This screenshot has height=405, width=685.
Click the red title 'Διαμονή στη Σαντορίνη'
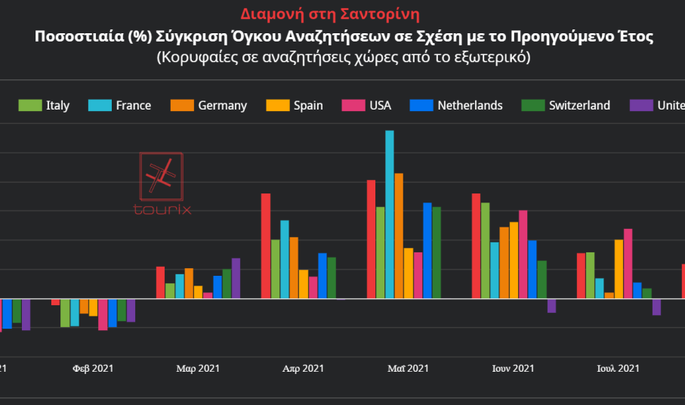pos(329,14)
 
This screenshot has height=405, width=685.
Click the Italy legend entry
pos(45,106)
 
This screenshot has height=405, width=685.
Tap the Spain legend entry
pos(296,106)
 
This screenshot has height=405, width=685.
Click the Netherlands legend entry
pos(458,106)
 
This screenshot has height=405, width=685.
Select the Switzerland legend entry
pos(567,106)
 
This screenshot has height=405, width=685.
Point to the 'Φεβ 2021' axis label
pos(93,368)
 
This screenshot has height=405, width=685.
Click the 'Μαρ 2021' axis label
pos(198,368)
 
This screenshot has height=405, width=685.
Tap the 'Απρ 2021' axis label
pos(303,368)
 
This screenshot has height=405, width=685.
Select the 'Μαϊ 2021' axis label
pos(408,368)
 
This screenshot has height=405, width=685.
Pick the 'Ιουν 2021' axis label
pos(513,368)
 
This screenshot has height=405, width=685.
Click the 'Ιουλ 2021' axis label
pos(618,368)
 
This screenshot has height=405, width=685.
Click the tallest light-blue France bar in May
pos(390,215)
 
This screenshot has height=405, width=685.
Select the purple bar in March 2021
pos(236,278)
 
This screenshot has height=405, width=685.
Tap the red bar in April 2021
pos(266,246)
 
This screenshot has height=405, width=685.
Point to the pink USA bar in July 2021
pos(628,263)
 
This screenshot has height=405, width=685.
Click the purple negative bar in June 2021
pos(551,305)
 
